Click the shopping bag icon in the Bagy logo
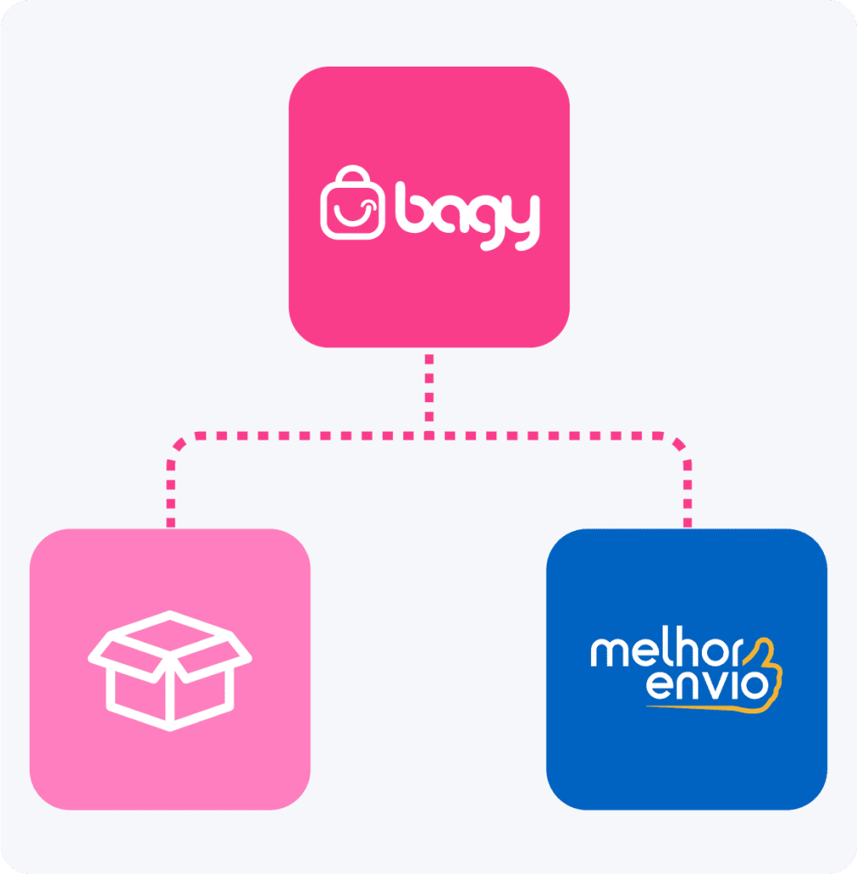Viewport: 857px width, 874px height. click(352, 203)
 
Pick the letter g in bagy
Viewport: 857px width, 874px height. click(486, 223)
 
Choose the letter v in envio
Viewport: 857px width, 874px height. click(716, 685)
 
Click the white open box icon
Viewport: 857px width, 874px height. click(170, 671)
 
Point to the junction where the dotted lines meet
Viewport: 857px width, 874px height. click(429, 435)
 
